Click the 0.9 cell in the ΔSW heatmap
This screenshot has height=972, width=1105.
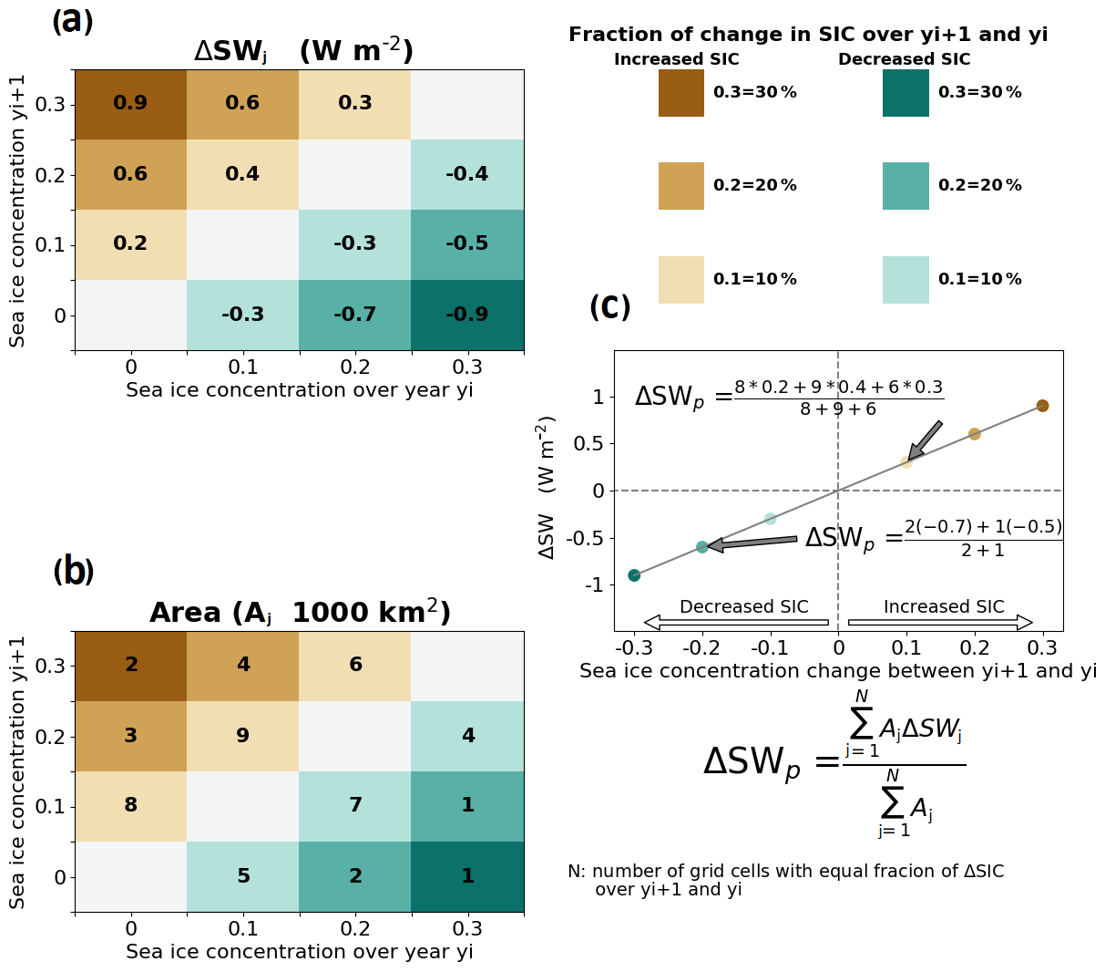[130, 104]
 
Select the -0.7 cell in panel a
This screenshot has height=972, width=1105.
[355, 315]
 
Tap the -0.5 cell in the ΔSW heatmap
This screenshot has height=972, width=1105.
[467, 244]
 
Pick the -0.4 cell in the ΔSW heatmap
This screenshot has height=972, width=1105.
[467, 174]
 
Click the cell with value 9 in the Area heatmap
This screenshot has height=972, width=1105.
[243, 736]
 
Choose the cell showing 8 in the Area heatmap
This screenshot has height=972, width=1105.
[130, 805]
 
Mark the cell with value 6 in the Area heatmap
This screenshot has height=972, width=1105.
[355, 666]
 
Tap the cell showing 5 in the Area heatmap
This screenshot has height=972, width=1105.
[243, 876]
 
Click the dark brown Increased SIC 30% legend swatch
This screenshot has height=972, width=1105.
[681, 93]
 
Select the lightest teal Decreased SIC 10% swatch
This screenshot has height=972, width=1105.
[905, 279]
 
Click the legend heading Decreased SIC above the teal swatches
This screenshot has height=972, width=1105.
[904, 59]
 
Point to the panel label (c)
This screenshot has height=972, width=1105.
[609, 307]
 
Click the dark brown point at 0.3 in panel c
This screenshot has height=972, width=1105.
[1042, 406]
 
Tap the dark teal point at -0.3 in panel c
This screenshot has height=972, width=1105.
[634, 575]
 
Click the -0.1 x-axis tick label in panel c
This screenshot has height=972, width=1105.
[769, 648]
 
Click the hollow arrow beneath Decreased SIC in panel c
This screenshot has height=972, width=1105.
[736, 623]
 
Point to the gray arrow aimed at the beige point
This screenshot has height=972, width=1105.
[926, 440]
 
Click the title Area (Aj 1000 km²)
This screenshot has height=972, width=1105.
[300, 613]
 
